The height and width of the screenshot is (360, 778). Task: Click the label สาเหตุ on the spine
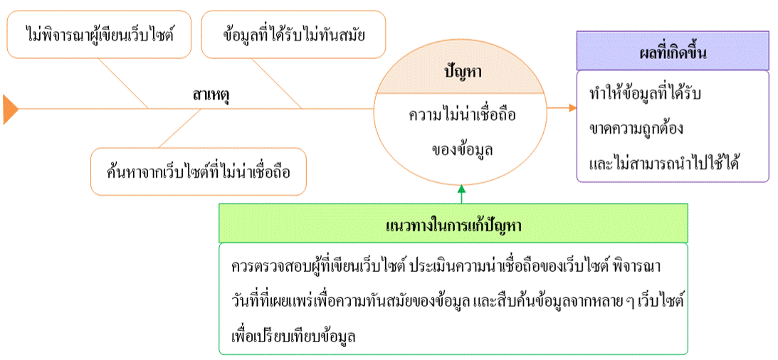point(215,93)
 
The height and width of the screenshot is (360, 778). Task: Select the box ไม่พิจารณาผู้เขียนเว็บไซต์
point(100,34)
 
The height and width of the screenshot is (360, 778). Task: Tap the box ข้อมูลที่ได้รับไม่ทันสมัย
point(294,34)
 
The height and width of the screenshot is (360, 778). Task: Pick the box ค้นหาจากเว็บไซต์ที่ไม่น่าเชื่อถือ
point(199,171)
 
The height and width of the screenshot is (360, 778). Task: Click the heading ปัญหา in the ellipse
point(461,73)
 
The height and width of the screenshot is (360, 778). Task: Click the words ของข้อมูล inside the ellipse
point(462,149)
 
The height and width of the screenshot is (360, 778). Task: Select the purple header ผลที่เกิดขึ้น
point(673,51)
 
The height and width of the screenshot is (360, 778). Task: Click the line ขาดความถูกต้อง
point(636,129)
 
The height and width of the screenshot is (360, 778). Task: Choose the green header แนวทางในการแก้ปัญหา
point(454,223)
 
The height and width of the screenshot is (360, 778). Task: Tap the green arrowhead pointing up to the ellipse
point(462,190)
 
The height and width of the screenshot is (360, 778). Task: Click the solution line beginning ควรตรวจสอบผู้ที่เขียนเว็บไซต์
point(447,266)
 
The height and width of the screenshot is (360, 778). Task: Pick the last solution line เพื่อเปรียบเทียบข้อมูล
point(294,336)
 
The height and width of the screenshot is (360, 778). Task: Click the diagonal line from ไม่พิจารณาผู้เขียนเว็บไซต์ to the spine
point(122,83)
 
